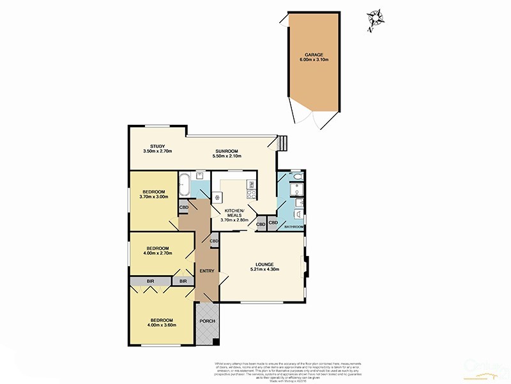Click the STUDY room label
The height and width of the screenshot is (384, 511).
click(153, 147)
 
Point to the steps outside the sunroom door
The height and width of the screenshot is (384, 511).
click(282, 142)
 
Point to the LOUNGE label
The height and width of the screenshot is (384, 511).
click(264, 264)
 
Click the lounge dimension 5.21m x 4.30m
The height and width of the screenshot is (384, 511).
click(264, 269)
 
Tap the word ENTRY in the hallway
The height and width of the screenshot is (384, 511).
click(206, 271)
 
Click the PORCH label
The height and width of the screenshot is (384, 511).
click(206, 321)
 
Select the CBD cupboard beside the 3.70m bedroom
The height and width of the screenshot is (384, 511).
click(184, 207)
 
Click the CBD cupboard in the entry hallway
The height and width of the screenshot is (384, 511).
click(214, 241)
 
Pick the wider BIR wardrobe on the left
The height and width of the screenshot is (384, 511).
click(150, 281)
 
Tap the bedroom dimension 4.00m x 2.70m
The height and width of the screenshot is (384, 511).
click(157, 253)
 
